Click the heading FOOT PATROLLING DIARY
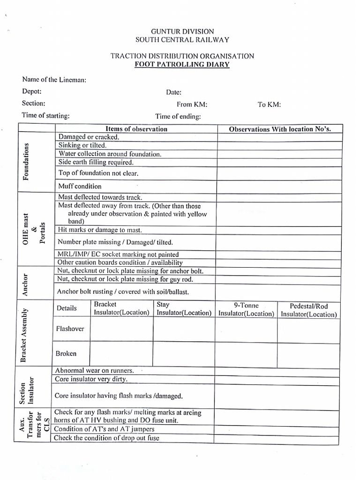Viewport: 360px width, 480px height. pyautogui.click(x=182, y=64)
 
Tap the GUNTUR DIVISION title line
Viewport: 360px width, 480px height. pyautogui.click(x=182, y=31)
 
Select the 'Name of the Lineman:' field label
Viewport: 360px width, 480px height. pyautogui.click(x=54, y=80)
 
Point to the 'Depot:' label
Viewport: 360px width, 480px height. pyautogui.click(x=32, y=91)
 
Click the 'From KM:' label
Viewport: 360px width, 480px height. pyautogui.click(x=192, y=105)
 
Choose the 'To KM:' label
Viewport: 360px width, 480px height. pyautogui.click(x=269, y=105)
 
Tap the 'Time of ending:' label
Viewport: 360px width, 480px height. pyautogui.click(x=178, y=116)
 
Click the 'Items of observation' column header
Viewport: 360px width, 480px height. pyautogui.click(x=136, y=129)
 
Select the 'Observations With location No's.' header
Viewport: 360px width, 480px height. pyautogui.click(x=280, y=129)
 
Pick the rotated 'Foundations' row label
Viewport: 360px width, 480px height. pyautogui.click(x=26, y=162)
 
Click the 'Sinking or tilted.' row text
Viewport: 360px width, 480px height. pyautogui.click(x=82, y=145)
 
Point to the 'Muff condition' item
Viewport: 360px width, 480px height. pyautogui.click(x=80, y=186)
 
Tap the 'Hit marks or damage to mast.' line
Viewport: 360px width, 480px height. pyautogui.click(x=99, y=230)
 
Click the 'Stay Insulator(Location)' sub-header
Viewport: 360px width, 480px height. pyautogui.click(x=184, y=308)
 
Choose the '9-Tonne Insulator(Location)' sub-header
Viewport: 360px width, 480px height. pyautogui.click(x=246, y=309)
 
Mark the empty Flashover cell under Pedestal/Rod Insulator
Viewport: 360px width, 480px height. pyautogui.click(x=308, y=330)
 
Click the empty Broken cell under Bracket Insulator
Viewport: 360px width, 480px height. pyautogui.click(x=121, y=354)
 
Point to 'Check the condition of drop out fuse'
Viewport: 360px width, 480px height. pyautogui.click(x=106, y=438)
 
